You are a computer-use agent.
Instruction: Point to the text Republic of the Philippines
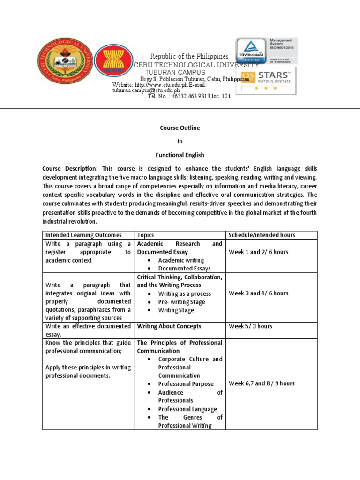(x=189, y=56)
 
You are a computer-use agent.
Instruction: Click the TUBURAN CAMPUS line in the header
(x=175, y=73)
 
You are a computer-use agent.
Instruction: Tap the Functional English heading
(x=180, y=155)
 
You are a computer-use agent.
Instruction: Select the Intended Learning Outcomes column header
(x=83, y=235)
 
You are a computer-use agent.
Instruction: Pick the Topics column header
(x=145, y=235)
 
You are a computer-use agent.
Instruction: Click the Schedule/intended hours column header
(x=262, y=235)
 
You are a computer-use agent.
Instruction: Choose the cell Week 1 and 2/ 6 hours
(x=258, y=252)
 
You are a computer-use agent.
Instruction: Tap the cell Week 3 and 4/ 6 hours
(x=258, y=293)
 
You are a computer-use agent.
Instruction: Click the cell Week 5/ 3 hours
(x=250, y=326)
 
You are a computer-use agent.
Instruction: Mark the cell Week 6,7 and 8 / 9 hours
(x=262, y=383)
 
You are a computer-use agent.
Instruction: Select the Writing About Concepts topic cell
(x=169, y=326)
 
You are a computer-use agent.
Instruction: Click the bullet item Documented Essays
(x=184, y=269)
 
